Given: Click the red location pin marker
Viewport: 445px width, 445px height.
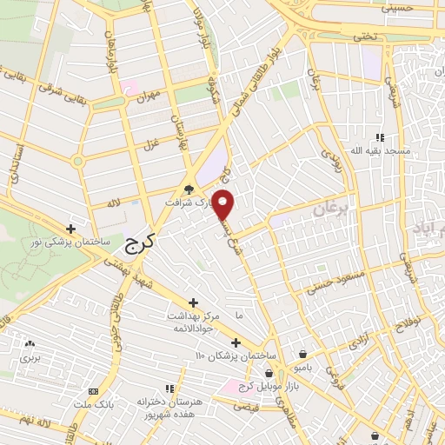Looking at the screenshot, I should click(x=224, y=204).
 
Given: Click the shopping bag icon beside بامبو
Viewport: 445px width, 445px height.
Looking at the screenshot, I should click(x=302, y=355).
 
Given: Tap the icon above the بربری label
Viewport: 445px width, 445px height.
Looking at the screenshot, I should click(x=30, y=344).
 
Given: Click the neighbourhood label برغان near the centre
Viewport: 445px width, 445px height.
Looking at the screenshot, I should click(x=329, y=209).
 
